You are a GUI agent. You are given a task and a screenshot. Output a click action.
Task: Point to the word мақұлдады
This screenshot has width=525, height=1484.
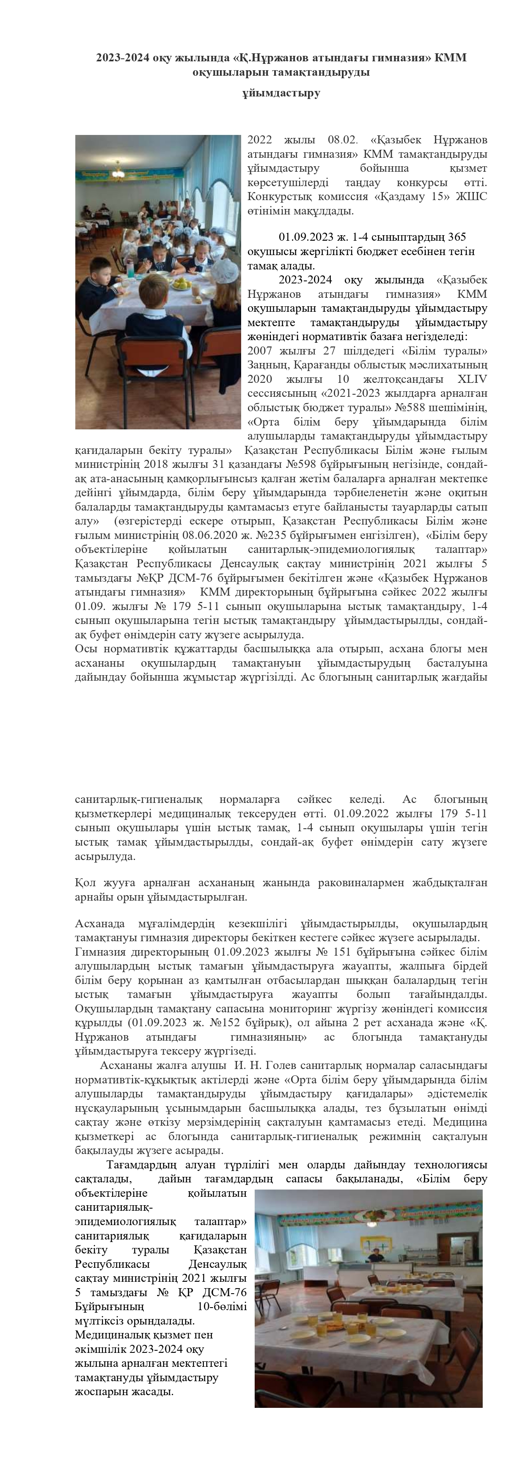pyautogui.click(x=322, y=211)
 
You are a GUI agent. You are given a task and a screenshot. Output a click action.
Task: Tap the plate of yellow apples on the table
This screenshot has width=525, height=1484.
pyautogui.click(x=182, y=283)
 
